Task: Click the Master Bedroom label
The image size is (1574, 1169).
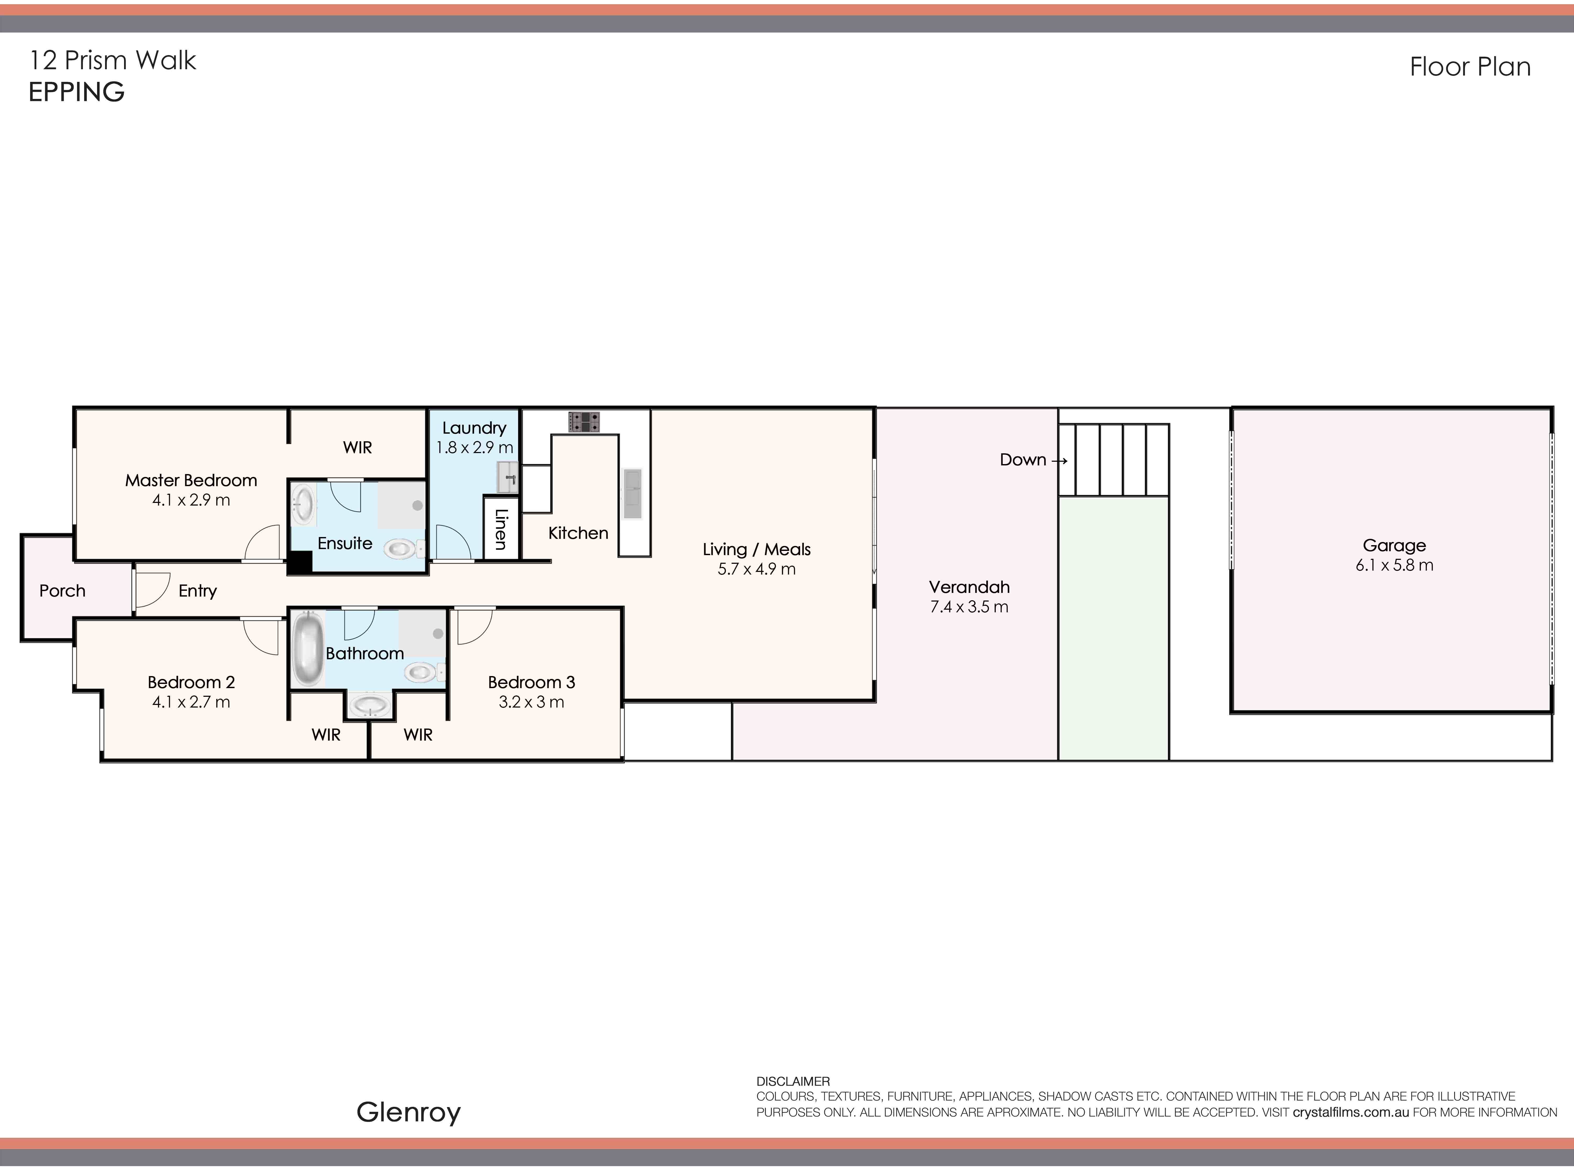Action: point(191,480)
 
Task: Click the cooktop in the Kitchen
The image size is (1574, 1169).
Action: point(583,422)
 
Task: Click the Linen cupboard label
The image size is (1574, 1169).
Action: point(501,529)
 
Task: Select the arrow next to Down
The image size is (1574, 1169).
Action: point(1059,461)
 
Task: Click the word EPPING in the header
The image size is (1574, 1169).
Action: point(76,92)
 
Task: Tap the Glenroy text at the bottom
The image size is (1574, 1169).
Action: point(409,1112)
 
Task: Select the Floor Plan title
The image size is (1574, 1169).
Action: point(1470,67)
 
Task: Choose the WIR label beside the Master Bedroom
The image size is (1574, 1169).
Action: point(357,447)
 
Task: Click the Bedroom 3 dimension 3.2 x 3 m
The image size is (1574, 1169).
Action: point(531,702)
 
